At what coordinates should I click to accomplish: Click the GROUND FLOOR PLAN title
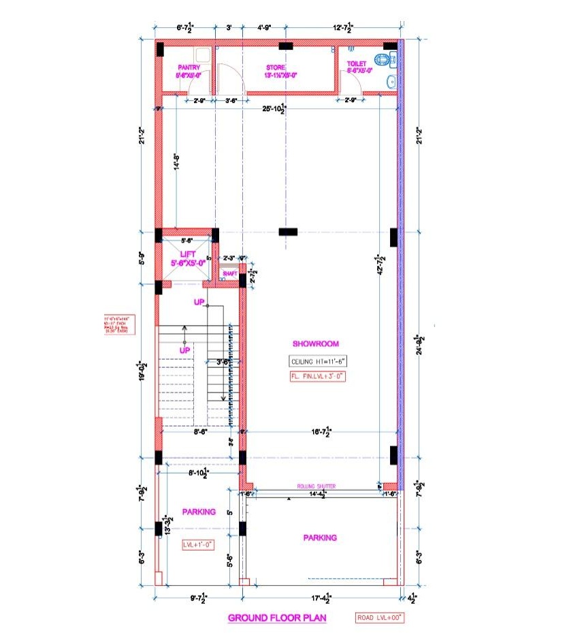click(x=276, y=619)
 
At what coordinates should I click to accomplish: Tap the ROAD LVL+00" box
click(x=380, y=618)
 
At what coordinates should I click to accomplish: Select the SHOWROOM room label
click(x=315, y=344)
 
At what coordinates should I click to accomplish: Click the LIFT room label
click(x=187, y=258)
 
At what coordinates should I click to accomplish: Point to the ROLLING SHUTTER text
click(x=317, y=486)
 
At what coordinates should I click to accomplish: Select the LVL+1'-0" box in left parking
click(x=198, y=544)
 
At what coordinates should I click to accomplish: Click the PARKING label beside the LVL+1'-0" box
click(x=199, y=512)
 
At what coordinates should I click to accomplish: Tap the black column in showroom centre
click(x=288, y=232)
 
